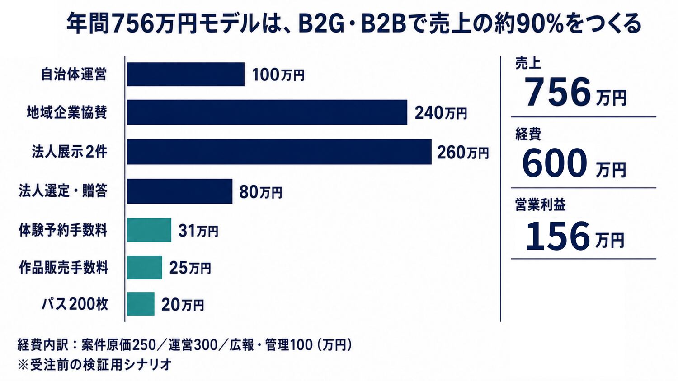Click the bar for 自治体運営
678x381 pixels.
(x=185, y=74)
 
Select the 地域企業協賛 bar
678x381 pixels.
(x=267, y=112)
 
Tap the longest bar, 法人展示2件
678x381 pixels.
(x=279, y=152)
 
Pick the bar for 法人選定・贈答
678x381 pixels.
(x=179, y=191)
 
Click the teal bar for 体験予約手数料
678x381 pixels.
(x=149, y=230)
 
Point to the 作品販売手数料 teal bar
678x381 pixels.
(x=144, y=267)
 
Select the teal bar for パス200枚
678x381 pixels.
(x=141, y=304)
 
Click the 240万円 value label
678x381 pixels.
(x=441, y=113)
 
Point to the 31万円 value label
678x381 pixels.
(x=198, y=231)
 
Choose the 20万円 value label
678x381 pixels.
(x=183, y=305)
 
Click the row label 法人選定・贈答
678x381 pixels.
(x=63, y=191)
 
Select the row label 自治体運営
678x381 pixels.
(x=74, y=74)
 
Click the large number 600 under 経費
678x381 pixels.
(x=555, y=163)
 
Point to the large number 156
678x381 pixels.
(x=558, y=236)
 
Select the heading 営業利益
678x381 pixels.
(x=540, y=204)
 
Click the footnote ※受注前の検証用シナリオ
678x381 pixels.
(x=95, y=365)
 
